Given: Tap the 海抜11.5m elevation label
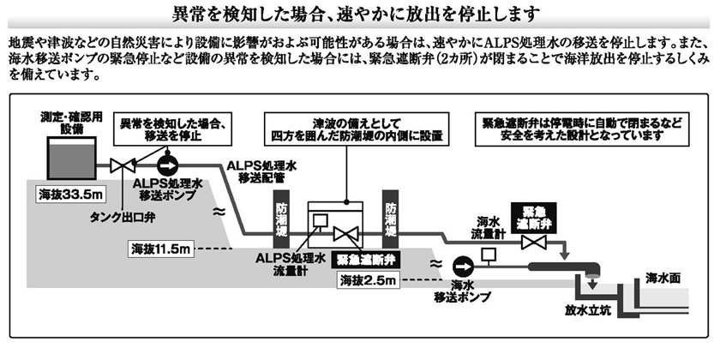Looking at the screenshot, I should (161, 249).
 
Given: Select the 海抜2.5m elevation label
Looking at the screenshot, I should (369, 279).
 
